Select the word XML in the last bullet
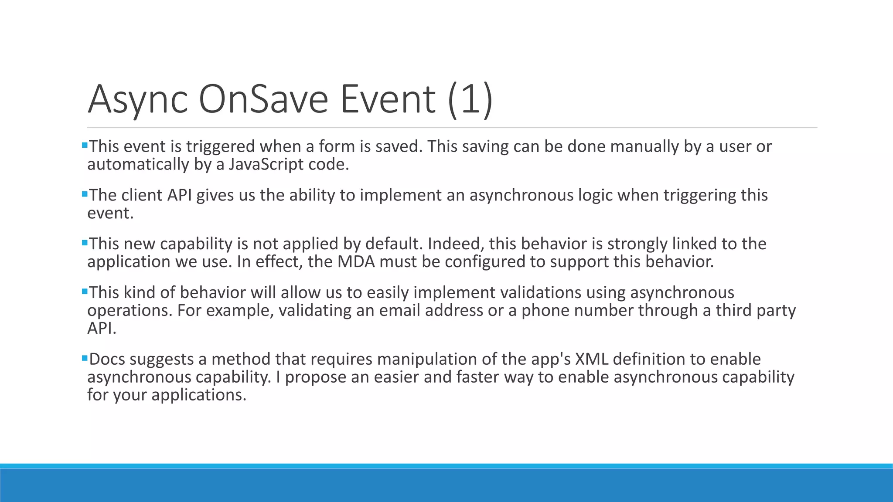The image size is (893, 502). pyautogui.click(x=592, y=360)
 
